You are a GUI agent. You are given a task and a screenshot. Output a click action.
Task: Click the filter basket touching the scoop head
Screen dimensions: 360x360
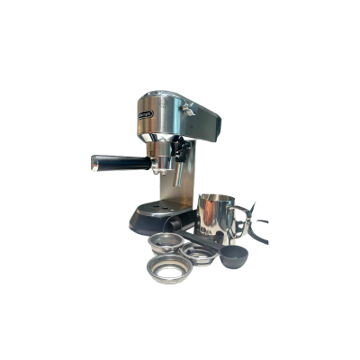click(201, 256)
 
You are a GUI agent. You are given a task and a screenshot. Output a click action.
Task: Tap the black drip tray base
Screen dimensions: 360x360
click(148, 220)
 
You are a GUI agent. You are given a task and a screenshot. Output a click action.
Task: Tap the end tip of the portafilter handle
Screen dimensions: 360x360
click(94, 161)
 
